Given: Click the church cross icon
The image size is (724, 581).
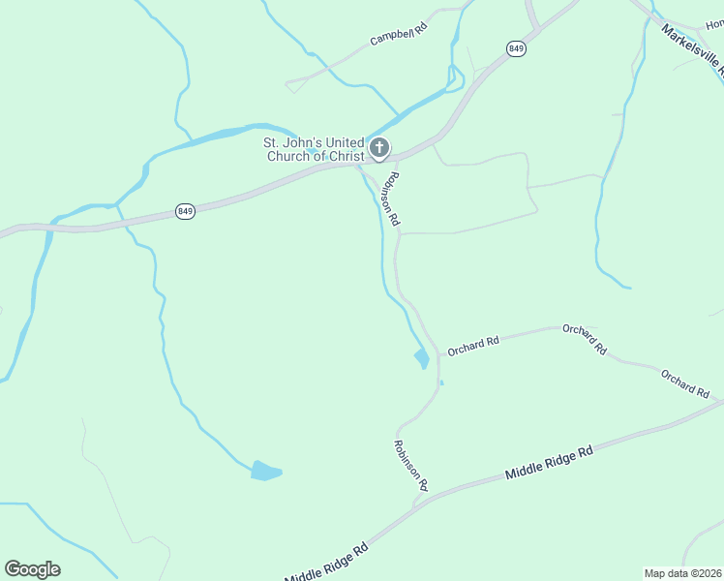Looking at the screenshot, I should pos(379,149).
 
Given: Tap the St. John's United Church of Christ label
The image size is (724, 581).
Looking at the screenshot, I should pos(315,149).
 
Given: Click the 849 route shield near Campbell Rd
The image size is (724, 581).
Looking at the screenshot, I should pos(516,48).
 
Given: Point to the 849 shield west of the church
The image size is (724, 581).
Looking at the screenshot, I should pos(185,211).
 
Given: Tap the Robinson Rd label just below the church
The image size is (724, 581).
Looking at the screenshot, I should pos(390,199).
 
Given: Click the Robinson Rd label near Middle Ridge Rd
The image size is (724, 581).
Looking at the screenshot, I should pos(410,464).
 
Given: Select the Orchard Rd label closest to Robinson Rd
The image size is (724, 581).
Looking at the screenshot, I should pos(473,344).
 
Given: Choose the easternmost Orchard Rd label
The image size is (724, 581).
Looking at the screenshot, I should pos(685,382).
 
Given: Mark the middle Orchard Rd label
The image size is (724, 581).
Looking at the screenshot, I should pos(584,338).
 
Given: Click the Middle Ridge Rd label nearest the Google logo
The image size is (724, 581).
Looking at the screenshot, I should pos(327,561).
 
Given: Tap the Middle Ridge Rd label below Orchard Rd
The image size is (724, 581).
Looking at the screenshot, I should pos(548,464).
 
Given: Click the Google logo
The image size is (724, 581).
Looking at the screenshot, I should pos(32,569).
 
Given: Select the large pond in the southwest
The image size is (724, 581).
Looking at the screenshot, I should pos(264,472).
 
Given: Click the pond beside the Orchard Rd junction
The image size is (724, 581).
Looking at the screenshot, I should pos(421,358).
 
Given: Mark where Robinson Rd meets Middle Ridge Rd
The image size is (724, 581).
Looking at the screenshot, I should pos(416,502).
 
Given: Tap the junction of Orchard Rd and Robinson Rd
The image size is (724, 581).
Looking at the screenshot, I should pos(439,352).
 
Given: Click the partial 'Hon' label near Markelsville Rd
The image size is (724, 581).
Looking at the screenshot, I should pos(714,24).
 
